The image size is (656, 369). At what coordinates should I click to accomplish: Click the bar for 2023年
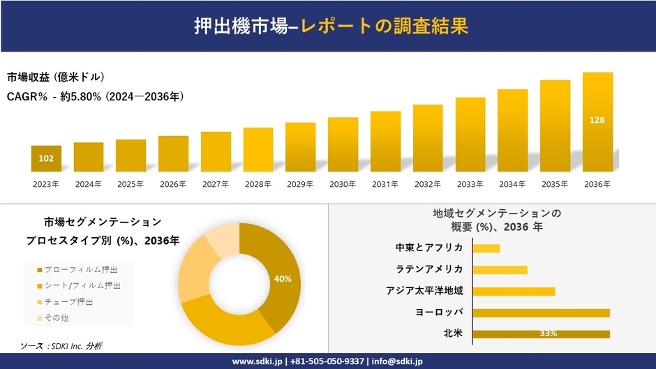46,158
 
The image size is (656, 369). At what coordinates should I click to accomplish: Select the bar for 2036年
597,122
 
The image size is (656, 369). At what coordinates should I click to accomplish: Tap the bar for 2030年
343,144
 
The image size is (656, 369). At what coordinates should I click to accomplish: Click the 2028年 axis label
258,184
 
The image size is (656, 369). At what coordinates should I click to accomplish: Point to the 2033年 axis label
470,184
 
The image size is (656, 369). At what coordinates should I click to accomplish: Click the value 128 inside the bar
597,120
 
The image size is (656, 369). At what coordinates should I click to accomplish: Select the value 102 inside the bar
46,158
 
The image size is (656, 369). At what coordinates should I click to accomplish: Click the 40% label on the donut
283,279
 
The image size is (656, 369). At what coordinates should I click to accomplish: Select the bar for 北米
541,333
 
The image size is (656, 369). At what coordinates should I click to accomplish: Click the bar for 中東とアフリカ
486,248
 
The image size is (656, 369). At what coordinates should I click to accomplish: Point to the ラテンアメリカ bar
500,270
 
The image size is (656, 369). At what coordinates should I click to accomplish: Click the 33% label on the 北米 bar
548,333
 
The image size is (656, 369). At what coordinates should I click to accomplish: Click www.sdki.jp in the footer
256,361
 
